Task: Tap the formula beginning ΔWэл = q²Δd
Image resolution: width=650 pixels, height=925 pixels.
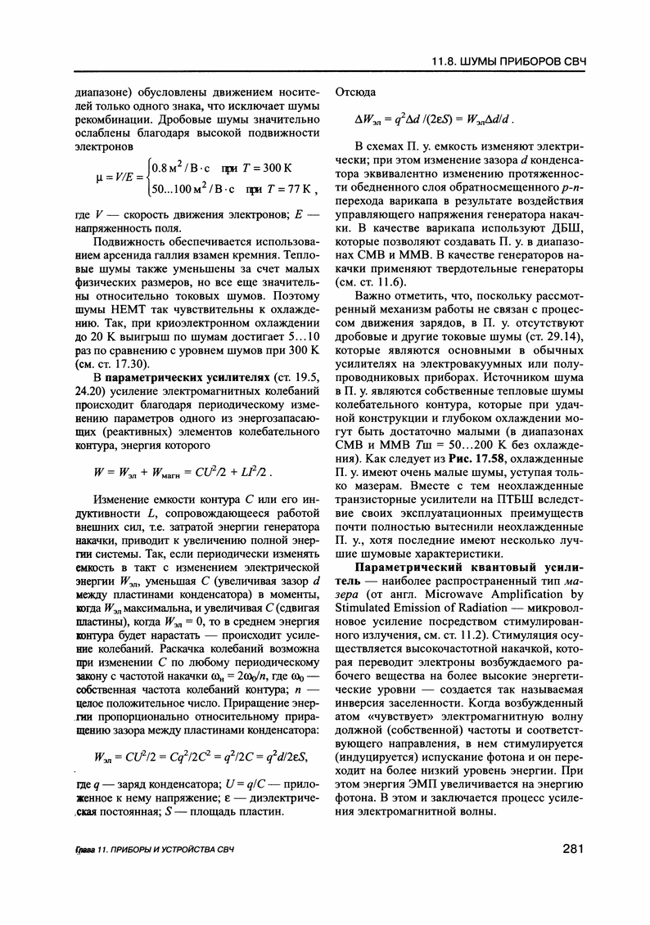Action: click(434, 119)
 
